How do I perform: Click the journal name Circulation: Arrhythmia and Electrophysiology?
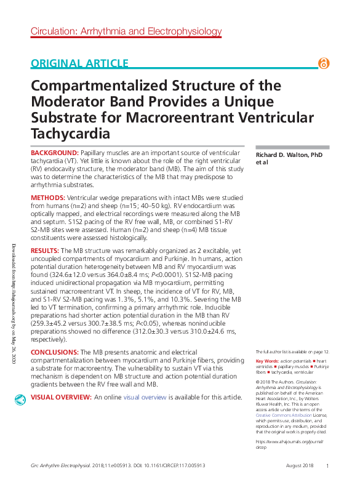[126, 31]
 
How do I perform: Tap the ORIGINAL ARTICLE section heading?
[79, 63]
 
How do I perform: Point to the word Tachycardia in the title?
[74, 133]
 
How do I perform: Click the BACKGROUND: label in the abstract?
[55, 152]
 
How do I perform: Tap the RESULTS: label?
[45, 252]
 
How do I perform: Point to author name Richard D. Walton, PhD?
[289, 155]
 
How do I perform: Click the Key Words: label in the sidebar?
[266, 361]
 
